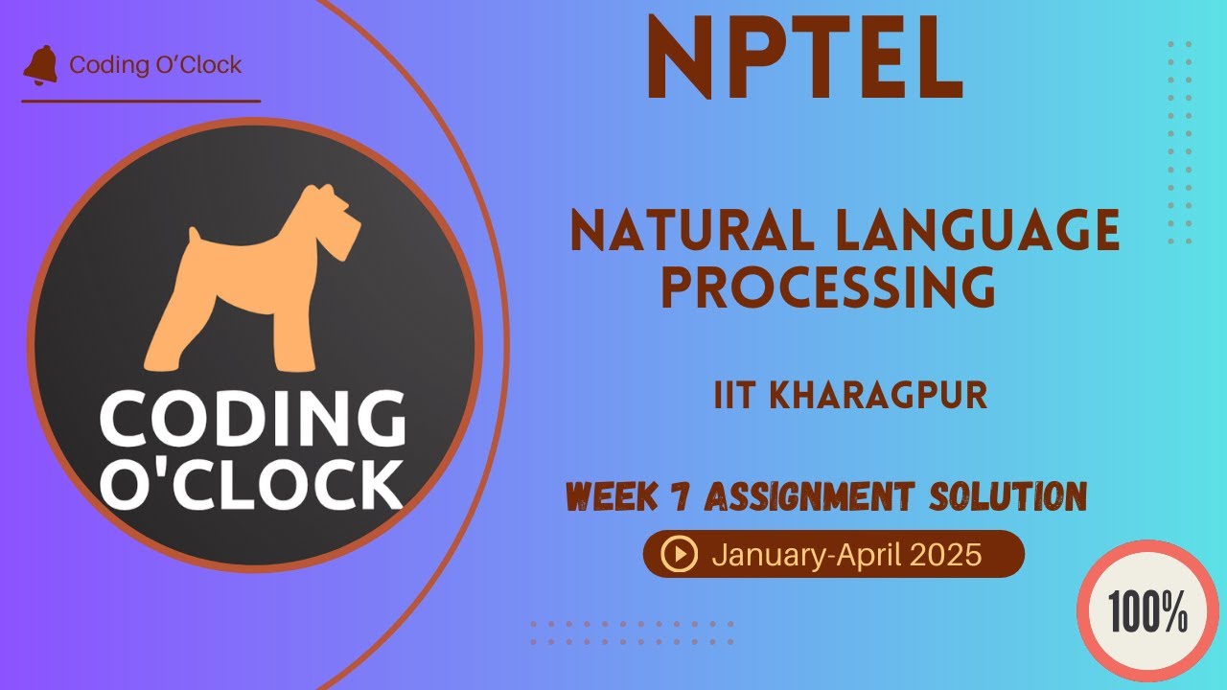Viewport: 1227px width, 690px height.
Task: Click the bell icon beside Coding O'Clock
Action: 40,64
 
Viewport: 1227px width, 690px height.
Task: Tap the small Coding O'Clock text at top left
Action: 155,64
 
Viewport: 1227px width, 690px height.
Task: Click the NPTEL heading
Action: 805,57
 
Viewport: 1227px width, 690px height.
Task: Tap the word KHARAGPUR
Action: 879,396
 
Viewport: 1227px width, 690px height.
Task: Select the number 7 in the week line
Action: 680,496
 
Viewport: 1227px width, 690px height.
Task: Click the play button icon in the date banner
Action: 680,554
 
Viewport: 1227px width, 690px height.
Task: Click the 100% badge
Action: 1147,610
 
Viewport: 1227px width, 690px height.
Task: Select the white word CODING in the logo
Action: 252,418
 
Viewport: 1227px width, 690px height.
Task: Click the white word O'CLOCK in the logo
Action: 252,485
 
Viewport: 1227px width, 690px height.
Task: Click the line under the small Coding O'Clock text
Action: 141,101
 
